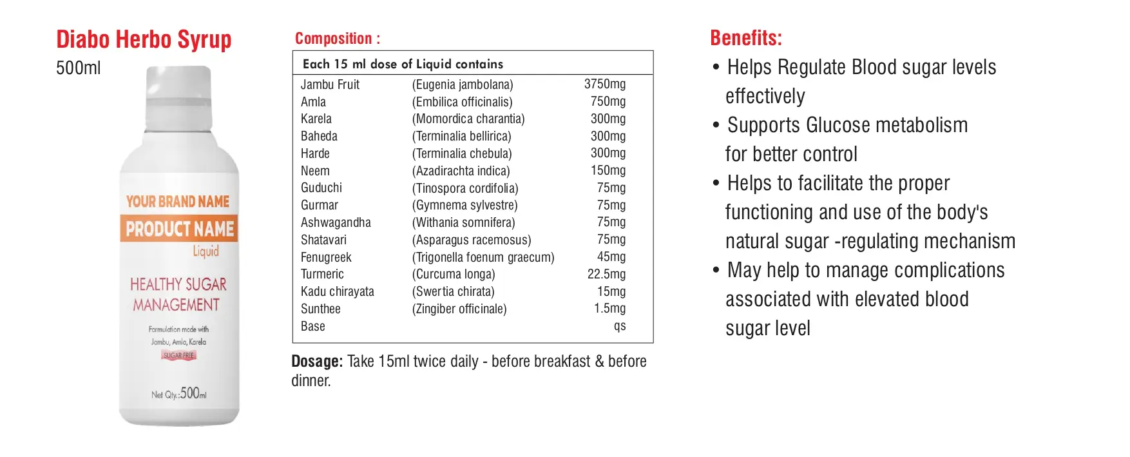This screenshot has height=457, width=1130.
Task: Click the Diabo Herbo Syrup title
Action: coord(144,40)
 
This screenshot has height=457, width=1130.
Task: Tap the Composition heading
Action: coord(337,39)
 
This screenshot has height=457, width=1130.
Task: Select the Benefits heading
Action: coord(745,38)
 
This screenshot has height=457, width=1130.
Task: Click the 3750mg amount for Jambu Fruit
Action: coord(604,84)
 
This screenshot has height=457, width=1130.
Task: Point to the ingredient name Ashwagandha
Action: coord(336,222)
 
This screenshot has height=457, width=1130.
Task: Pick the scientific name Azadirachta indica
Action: coord(461,171)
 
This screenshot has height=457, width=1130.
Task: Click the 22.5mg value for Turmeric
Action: coord(606,274)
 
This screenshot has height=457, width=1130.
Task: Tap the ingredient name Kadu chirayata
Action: coord(337,291)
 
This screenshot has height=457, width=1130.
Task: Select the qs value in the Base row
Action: coord(619,326)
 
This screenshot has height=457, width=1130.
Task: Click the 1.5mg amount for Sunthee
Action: coord(609,308)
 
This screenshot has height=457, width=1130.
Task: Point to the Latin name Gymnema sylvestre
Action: coord(464,205)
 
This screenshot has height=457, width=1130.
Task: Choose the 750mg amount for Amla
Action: coord(608,101)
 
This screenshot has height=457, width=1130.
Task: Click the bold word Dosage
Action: coord(316,362)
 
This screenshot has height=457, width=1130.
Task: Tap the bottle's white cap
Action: coord(178,97)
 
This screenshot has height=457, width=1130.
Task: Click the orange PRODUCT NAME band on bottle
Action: coord(179,229)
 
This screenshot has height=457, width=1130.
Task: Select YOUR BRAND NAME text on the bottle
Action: coord(178,202)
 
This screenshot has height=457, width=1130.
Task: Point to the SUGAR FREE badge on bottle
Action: coord(178,355)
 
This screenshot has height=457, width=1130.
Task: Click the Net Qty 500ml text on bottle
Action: coord(179,393)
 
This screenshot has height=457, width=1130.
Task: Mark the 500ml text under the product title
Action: coord(78,68)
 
